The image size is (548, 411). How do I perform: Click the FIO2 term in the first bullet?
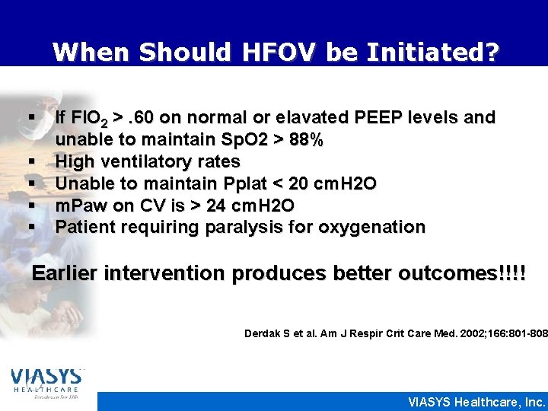tap(91, 118)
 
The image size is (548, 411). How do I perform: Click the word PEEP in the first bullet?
tap(374, 118)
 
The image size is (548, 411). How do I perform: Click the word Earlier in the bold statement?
tap(65, 273)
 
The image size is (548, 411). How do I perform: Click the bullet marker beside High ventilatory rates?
tap(33, 162)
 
